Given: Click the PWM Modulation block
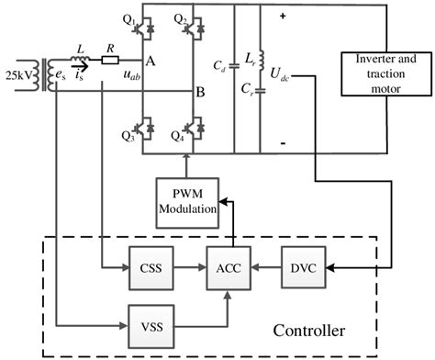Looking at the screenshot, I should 187,200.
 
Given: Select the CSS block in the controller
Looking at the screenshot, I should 151,269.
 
